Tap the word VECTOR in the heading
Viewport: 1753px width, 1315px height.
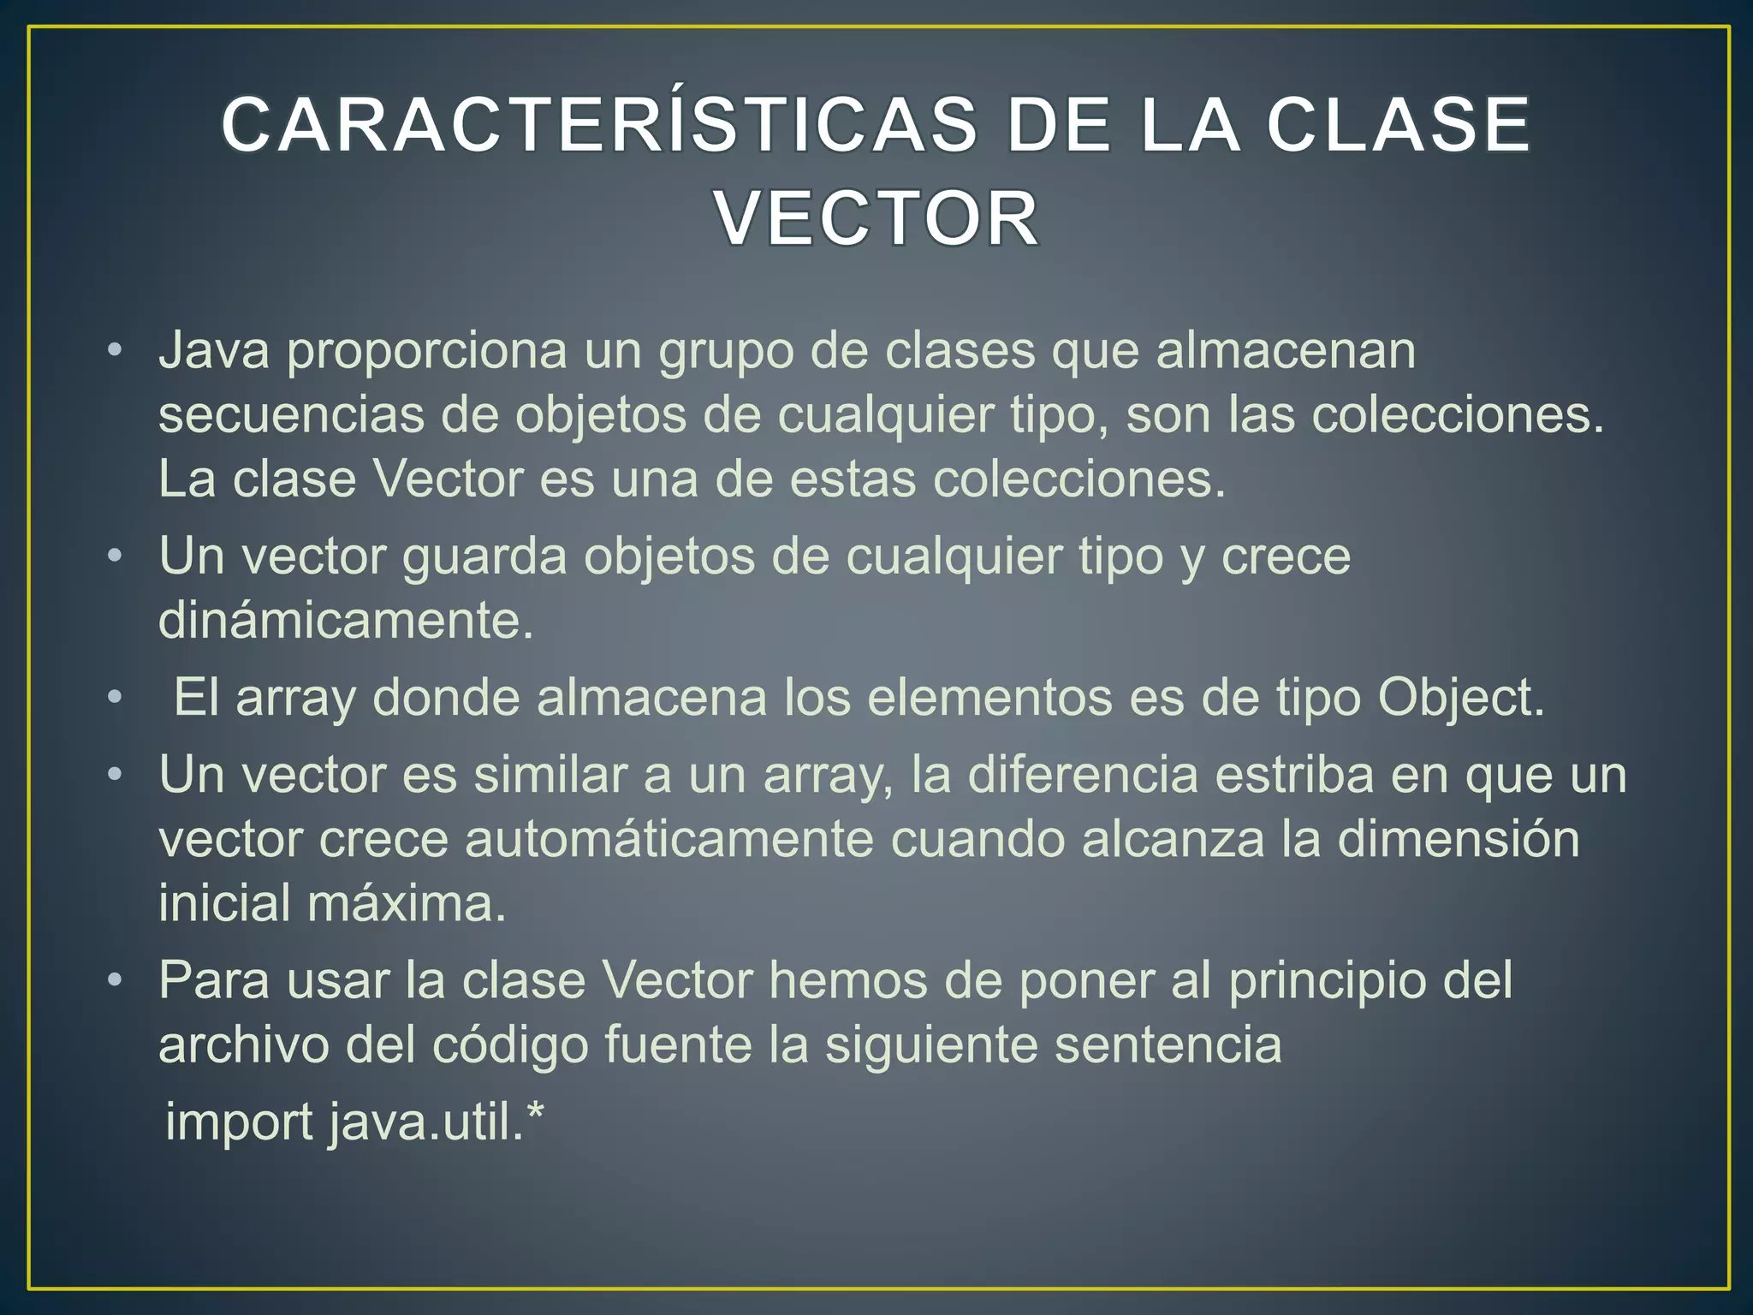pos(876,219)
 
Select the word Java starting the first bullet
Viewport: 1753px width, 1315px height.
pos(214,351)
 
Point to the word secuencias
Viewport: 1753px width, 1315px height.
pos(292,415)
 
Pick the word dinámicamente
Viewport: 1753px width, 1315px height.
pos(346,621)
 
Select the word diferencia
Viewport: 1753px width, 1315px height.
pos(1083,775)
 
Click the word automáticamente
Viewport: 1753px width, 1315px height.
pos(669,840)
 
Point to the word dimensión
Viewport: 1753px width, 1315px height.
pos(1459,839)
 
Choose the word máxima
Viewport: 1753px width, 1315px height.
pos(407,903)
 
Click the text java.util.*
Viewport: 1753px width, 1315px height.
pos(437,1122)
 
